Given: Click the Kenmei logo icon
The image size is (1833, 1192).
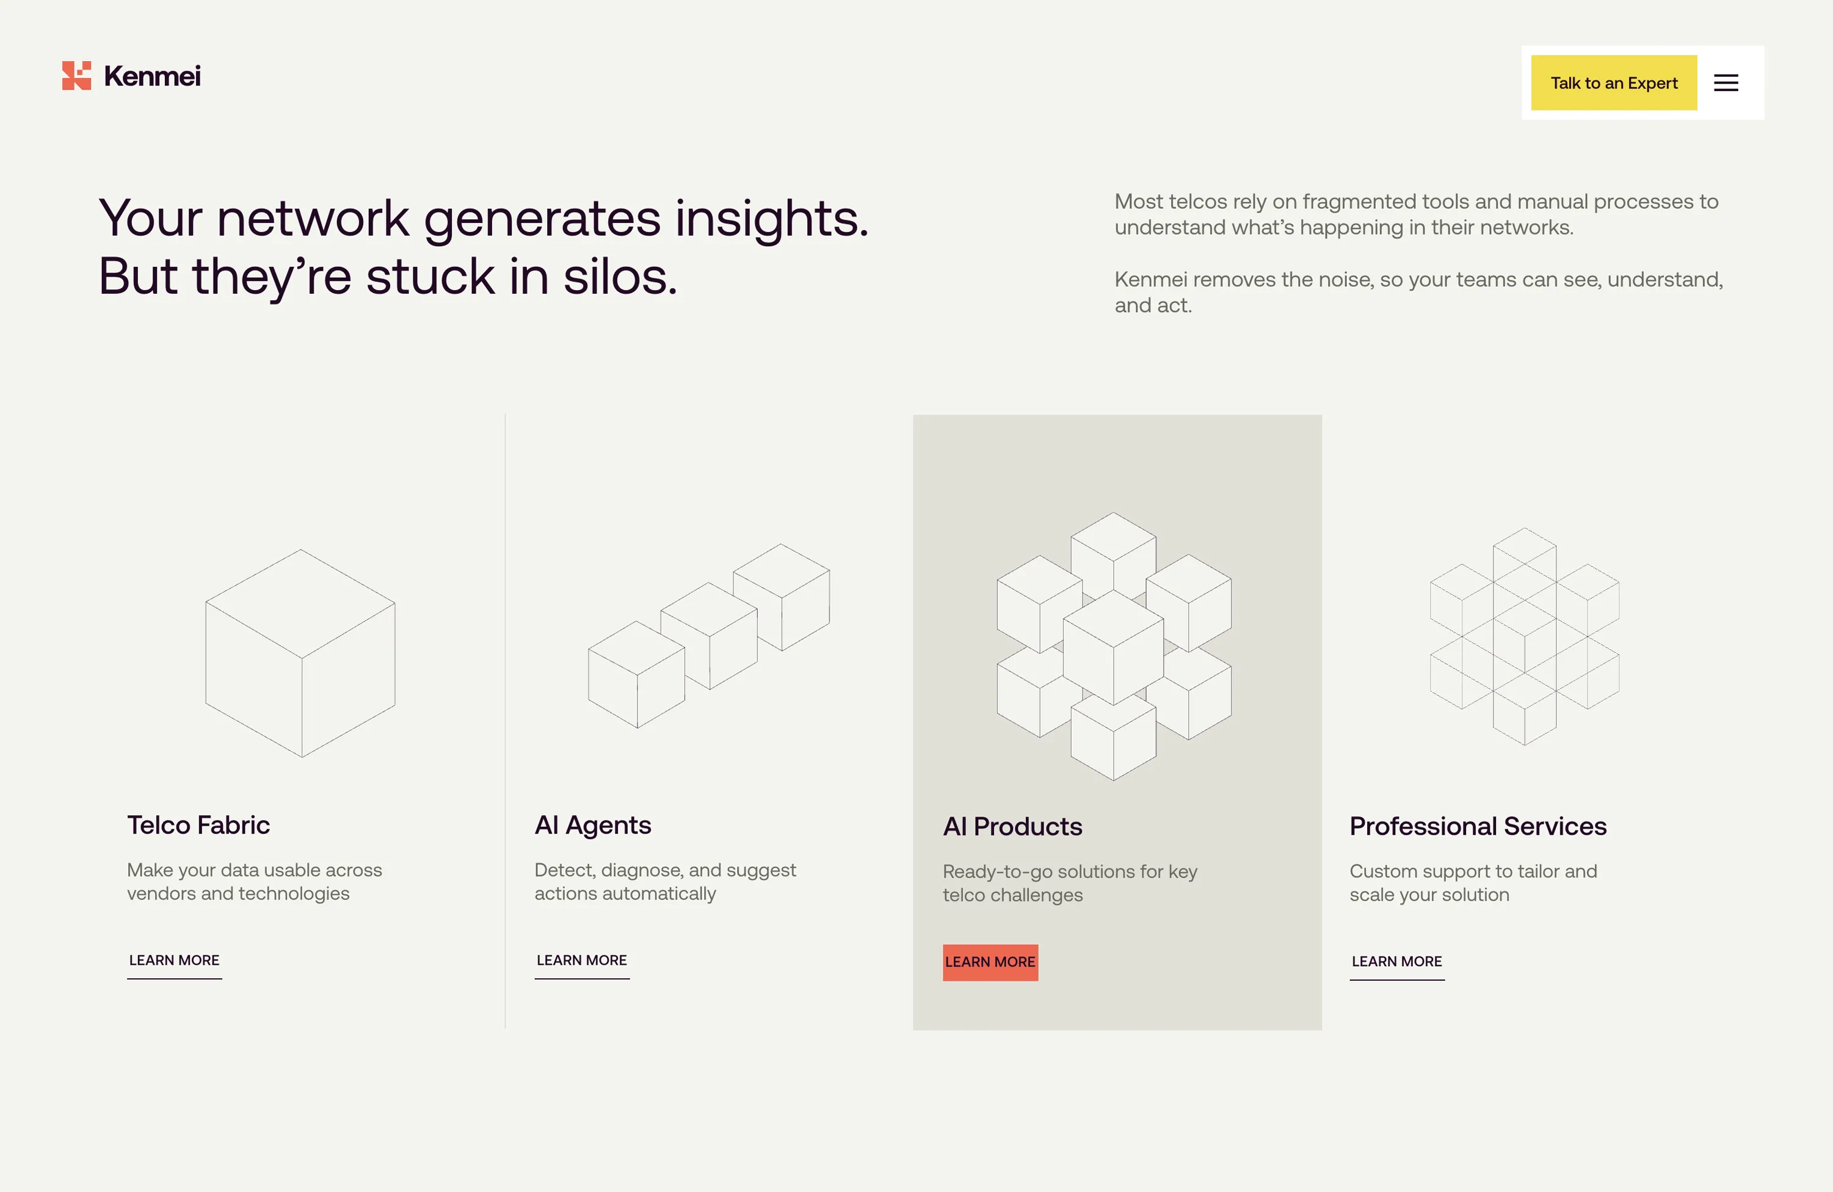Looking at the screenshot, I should (76, 76).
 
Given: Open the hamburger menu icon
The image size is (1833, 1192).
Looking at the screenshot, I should (1726, 83).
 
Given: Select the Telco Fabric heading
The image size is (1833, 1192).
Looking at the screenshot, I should (198, 825).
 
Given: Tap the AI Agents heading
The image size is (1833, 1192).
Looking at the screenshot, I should (592, 825).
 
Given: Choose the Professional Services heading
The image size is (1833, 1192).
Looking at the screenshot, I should (1477, 826).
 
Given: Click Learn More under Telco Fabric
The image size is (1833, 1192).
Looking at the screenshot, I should (174, 960).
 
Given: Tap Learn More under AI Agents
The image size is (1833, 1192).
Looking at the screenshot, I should (581, 960).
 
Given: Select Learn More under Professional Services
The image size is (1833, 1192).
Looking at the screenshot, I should (1396, 962).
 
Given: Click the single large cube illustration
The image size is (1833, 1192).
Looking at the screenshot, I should (300, 653).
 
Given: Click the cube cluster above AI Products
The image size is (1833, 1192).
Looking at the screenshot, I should (1114, 647).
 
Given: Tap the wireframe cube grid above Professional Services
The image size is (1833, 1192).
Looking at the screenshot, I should (1524, 636).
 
